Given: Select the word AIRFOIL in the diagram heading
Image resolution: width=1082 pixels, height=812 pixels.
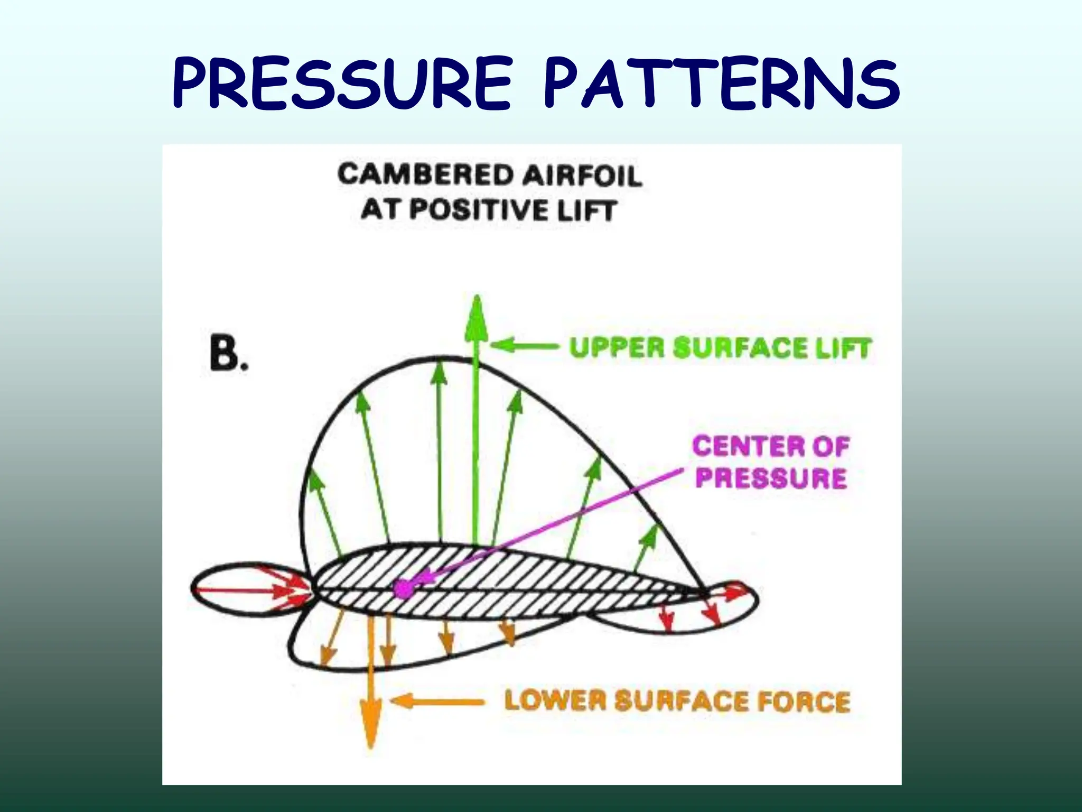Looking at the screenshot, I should tap(582, 176).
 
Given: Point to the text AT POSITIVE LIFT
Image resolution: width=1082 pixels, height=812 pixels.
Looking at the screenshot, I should tap(489, 210).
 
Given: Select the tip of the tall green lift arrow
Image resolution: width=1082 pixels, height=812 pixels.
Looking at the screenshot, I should tap(478, 299).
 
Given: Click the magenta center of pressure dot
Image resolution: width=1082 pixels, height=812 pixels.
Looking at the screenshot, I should tap(404, 588).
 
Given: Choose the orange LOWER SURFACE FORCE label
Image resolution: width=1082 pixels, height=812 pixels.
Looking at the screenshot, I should tap(677, 702).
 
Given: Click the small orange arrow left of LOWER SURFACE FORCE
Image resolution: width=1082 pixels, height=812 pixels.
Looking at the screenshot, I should tap(436, 702).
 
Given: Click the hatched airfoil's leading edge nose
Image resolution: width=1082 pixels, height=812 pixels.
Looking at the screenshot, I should tap(315, 586).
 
